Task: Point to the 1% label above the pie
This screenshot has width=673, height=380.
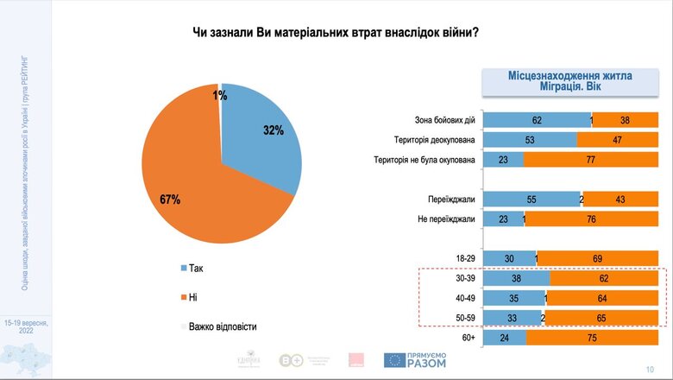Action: coord(220,95)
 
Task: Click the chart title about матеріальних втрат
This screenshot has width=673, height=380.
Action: coord(336,33)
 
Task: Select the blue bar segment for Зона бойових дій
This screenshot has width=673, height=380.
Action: coord(536,121)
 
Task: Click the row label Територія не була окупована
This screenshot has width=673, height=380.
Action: coord(424,160)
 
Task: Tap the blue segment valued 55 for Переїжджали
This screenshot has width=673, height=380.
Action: coord(531,199)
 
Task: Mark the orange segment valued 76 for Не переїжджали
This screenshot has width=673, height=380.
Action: coord(597,218)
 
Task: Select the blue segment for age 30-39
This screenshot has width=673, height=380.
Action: coord(516,278)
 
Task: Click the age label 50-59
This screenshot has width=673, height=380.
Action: coord(463,317)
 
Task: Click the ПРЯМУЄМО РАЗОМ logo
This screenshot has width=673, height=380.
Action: coord(418,361)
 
